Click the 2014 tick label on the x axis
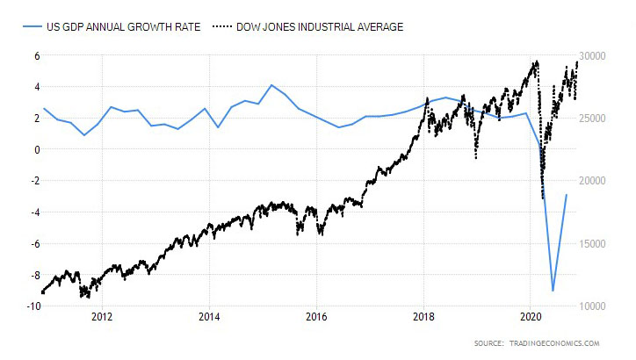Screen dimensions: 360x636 209,317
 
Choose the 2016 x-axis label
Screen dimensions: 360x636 316,317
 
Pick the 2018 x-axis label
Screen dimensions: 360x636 424,317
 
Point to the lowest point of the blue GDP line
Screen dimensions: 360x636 553,291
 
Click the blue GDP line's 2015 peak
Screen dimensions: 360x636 272,85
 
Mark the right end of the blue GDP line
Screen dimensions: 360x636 567,195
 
